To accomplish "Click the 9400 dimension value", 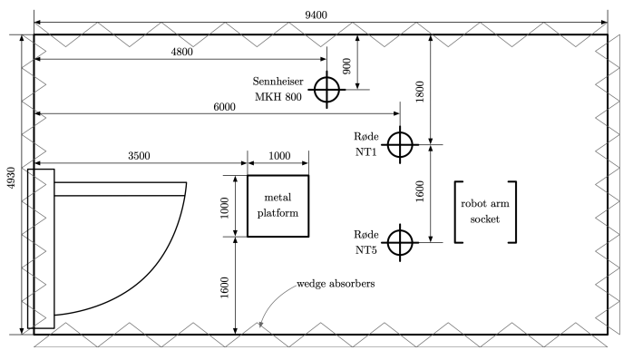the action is (x=316, y=15).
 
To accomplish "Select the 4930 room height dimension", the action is (x=11, y=178).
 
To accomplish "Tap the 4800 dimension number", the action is (x=181, y=52).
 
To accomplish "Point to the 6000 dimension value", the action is (x=225, y=107).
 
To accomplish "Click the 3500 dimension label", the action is (x=139, y=156).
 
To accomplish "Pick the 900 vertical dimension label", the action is (x=346, y=66).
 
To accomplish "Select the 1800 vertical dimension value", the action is (x=420, y=92).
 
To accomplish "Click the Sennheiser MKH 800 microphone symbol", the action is (x=326, y=90).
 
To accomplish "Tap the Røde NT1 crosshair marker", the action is (x=400, y=144).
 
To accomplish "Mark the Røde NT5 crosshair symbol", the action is (x=400, y=242).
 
